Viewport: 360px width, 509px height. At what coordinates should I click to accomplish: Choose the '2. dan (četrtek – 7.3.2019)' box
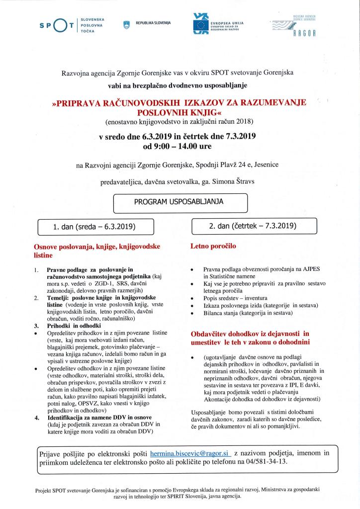pos(254,226)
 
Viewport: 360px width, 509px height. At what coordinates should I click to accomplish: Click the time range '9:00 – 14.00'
pos(182,147)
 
